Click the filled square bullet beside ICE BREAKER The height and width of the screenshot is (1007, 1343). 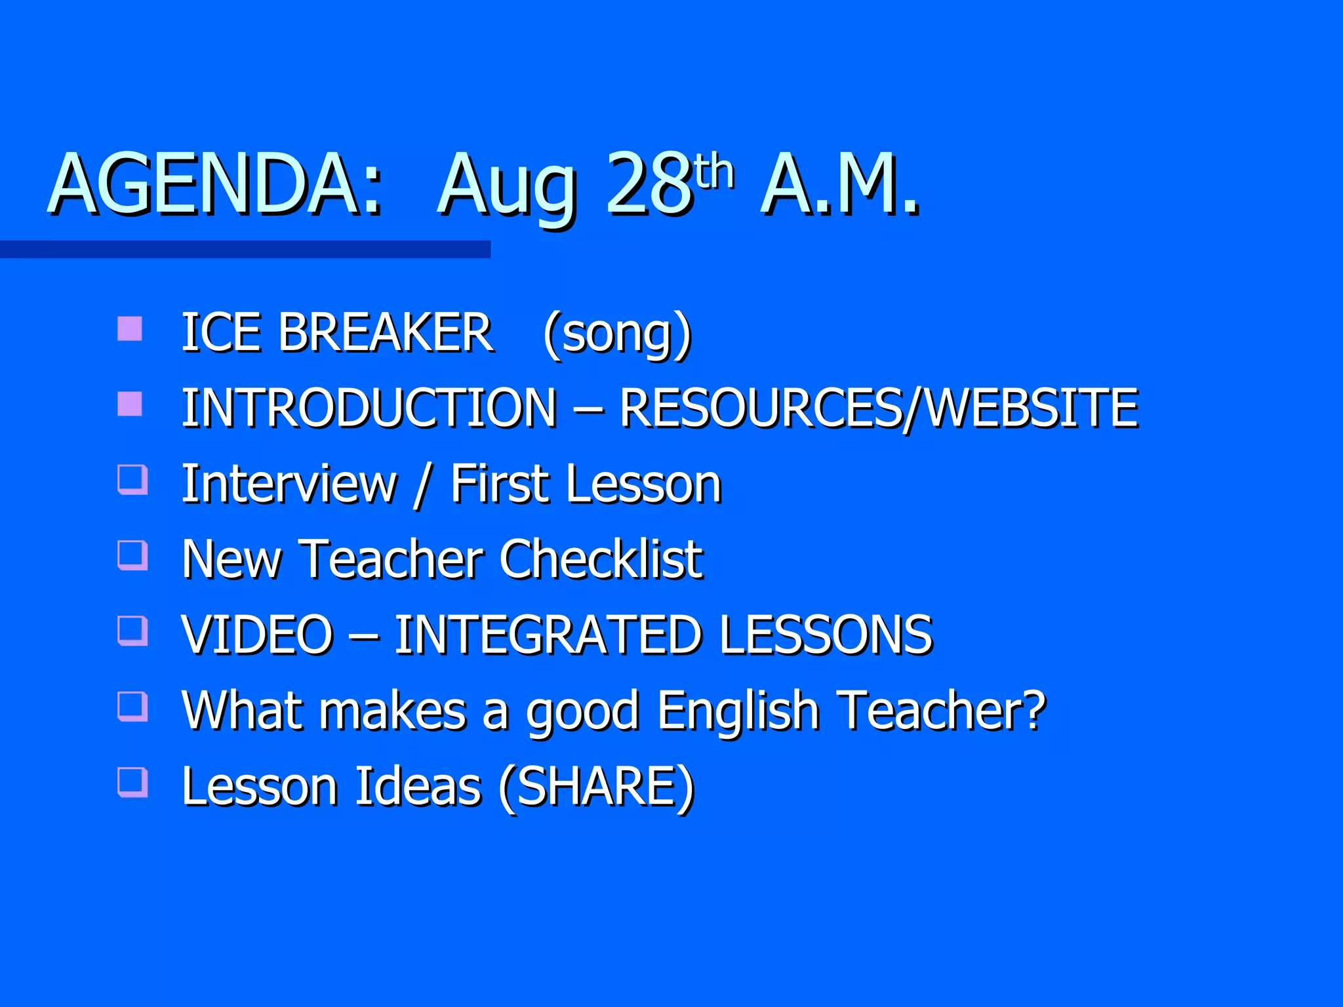(130, 328)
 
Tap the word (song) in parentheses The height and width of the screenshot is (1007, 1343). (617, 333)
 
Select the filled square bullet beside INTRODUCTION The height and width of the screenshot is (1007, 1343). (130, 404)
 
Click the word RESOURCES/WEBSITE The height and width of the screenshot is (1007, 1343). (879, 408)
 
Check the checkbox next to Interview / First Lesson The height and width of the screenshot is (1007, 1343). (132, 479)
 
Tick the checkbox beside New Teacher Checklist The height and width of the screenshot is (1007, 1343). (132, 555)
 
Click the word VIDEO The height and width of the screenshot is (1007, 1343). (258, 635)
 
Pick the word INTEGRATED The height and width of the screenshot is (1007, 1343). (548, 635)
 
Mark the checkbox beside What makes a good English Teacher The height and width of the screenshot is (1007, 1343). (132, 706)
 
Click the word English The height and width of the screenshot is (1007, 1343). (738, 711)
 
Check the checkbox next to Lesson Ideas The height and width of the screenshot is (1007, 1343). (132, 781)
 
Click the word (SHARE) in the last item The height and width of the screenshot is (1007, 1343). (596, 787)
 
